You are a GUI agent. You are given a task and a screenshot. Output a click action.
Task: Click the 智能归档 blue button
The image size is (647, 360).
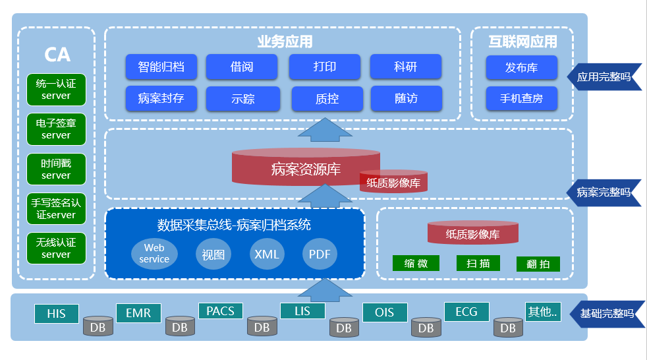(x=161, y=67)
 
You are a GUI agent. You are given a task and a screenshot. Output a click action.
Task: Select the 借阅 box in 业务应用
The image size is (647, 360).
(x=242, y=67)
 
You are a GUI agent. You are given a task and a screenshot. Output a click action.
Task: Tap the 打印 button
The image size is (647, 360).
(x=324, y=67)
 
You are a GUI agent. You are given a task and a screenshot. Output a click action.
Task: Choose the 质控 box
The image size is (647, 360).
(x=327, y=99)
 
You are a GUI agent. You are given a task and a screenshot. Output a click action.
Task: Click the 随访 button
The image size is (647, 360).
(x=406, y=98)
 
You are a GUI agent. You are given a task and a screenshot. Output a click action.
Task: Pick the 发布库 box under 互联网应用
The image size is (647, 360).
(x=521, y=67)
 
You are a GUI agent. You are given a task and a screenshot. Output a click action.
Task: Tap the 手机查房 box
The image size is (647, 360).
(x=521, y=98)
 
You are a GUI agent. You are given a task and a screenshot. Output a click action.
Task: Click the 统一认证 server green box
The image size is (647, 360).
(x=56, y=90)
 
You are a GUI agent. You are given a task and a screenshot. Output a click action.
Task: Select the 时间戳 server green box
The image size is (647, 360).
(x=56, y=169)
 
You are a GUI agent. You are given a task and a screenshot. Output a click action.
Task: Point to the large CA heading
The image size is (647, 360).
(x=57, y=55)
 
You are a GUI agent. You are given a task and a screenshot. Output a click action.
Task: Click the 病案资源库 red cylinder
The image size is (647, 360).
(x=305, y=168)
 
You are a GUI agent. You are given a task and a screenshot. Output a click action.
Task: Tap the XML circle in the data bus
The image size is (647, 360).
(x=267, y=254)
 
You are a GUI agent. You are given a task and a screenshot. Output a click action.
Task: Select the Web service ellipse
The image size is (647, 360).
(x=154, y=254)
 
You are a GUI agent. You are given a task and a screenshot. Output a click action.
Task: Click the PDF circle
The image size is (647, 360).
(x=320, y=254)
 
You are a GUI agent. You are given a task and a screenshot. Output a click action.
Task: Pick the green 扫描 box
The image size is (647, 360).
(x=478, y=264)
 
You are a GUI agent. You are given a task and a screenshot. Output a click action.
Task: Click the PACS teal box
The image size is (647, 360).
(x=220, y=311)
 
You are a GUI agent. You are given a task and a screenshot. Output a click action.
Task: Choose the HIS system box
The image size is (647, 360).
(x=57, y=314)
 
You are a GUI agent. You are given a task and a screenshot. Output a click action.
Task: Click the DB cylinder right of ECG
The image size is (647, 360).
(x=508, y=327)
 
